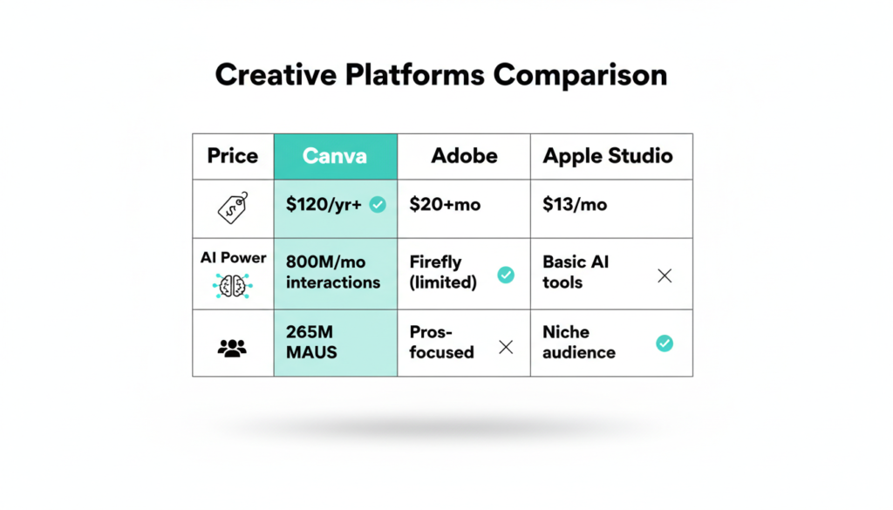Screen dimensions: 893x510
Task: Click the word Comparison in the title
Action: tap(580, 75)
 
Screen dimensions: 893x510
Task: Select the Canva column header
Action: tap(335, 156)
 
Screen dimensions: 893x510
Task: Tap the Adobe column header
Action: tap(464, 156)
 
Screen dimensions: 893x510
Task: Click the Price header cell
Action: tap(232, 156)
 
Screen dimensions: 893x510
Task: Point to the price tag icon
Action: tap(233, 207)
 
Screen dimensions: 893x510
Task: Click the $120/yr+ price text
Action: tap(324, 204)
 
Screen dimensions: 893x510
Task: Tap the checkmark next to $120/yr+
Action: tap(378, 204)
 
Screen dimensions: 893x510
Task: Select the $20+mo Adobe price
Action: tap(445, 204)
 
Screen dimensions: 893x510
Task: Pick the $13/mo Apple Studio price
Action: tap(575, 204)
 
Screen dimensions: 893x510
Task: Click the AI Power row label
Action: tap(233, 258)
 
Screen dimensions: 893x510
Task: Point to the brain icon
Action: tap(232, 286)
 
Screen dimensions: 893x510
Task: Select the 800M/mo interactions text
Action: tap(333, 272)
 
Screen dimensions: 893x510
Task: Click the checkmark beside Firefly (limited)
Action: tap(506, 275)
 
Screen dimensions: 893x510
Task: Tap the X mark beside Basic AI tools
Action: tap(665, 276)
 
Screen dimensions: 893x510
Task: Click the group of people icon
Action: tap(232, 348)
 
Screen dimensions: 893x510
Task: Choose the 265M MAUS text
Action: tap(311, 342)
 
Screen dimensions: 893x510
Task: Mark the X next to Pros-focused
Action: tap(506, 347)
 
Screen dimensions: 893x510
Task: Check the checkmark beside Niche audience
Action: tap(665, 343)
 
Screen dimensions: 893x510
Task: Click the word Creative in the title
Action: tap(276, 75)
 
